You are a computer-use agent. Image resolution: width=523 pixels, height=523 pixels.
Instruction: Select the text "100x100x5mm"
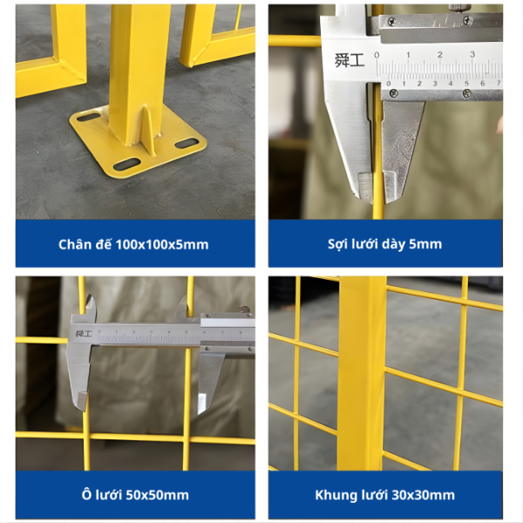click(x=162, y=245)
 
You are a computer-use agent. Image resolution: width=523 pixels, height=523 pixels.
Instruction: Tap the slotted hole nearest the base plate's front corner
click(x=126, y=165)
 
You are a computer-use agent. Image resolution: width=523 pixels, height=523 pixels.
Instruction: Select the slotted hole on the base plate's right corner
click(x=187, y=144)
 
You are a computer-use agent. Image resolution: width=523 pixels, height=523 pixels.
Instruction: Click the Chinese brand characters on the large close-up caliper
click(x=350, y=61)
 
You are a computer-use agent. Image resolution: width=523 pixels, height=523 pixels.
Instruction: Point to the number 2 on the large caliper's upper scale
click(x=440, y=54)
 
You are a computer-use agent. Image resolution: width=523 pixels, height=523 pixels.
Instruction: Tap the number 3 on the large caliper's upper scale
click(x=472, y=54)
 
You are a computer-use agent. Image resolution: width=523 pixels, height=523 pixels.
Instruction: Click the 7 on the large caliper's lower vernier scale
click(x=499, y=83)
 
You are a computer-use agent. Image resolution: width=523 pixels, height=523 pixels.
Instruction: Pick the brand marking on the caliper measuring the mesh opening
click(x=84, y=334)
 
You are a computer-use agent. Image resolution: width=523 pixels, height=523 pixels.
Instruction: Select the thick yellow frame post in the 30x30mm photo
click(x=362, y=373)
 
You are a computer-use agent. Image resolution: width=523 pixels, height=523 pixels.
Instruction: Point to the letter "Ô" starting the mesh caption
click(x=86, y=494)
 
